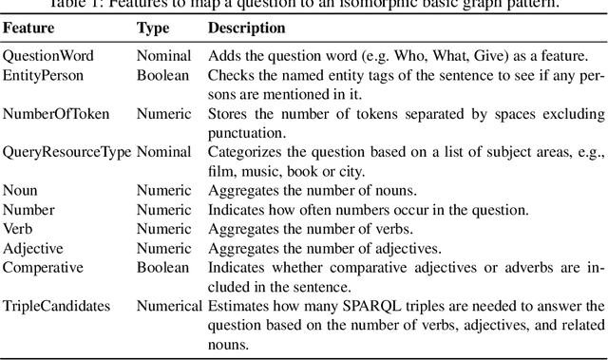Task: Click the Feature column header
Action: tap(28, 28)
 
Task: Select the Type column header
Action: tap(153, 28)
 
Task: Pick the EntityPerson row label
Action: tap(43, 74)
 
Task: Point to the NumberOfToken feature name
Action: tap(55, 114)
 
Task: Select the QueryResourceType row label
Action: tap(66, 152)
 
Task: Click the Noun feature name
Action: tap(20, 190)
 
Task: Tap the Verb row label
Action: tap(19, 228)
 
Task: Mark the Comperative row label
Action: tap(43, 267)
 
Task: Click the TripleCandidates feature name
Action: tap(55, 305)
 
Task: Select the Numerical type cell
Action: tap(169, 305)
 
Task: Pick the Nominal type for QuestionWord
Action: tap(162, 56)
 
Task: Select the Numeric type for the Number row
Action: tap(162, 209)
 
